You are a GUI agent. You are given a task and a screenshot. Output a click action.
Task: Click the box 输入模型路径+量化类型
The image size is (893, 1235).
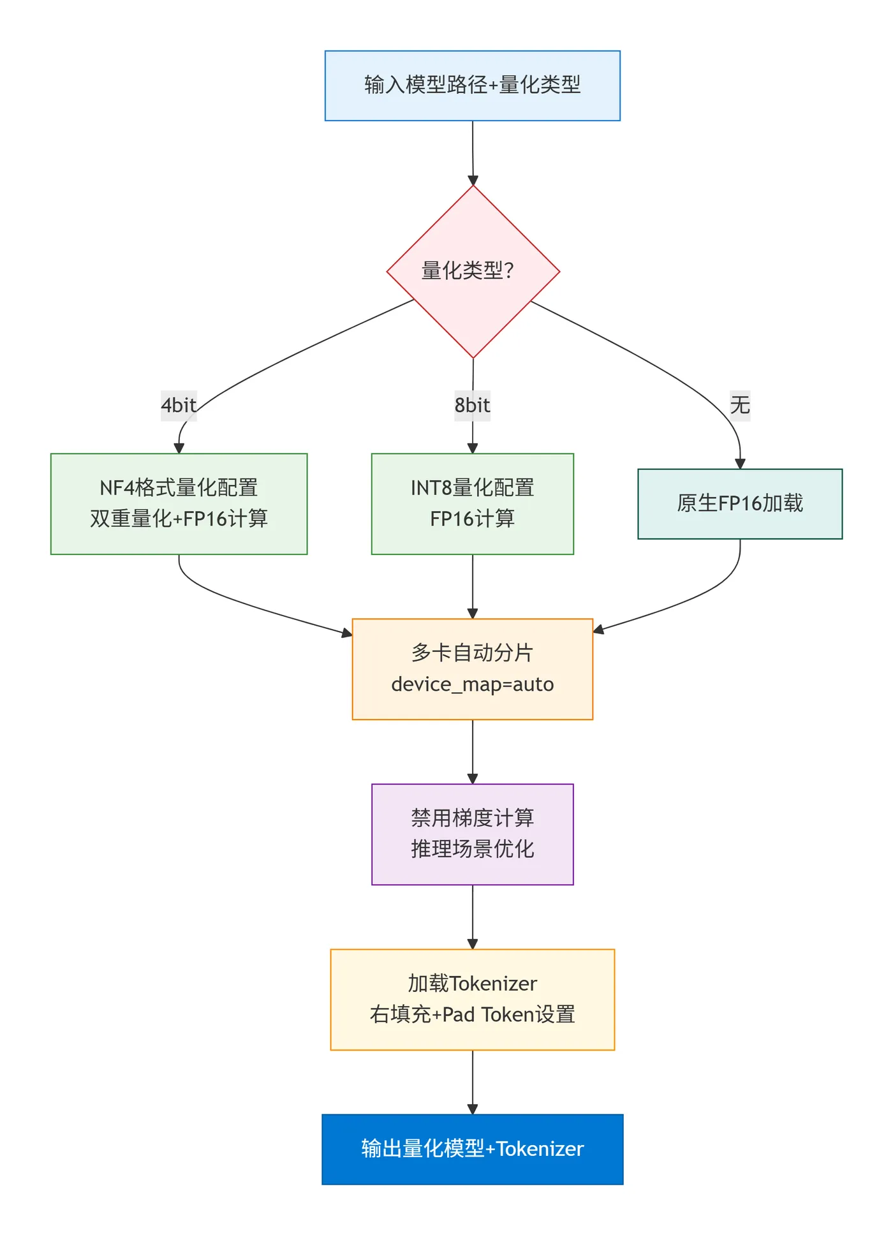472,85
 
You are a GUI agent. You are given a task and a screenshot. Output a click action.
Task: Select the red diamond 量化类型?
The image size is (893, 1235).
472,271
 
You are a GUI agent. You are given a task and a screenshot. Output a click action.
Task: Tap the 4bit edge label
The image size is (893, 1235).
179,405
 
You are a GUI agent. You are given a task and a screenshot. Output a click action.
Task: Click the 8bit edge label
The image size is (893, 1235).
472,405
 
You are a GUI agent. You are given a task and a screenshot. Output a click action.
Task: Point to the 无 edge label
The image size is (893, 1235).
740,405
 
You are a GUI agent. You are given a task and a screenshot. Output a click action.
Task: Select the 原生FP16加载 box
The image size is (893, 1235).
740,503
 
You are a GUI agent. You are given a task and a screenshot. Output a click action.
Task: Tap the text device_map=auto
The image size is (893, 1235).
472,684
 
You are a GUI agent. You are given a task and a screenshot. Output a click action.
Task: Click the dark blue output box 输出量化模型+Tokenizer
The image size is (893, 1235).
472,1149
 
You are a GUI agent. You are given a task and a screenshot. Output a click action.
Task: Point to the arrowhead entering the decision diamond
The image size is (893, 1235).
473,180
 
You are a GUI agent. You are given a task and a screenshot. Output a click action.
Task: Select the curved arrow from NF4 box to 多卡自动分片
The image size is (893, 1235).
255,606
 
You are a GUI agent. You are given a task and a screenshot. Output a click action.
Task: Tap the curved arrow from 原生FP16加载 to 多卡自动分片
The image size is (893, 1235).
689,603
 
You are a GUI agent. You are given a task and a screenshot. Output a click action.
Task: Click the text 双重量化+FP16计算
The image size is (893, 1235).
179,519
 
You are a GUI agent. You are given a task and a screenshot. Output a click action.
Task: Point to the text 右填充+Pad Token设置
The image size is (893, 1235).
472,1014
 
